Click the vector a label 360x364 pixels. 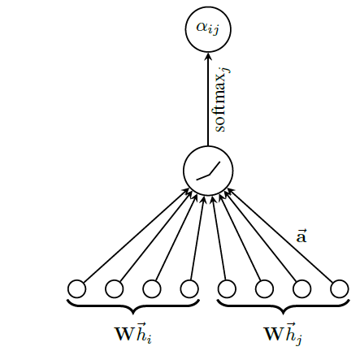point(301,236)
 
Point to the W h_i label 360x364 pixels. point(133,333)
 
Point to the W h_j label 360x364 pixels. point(283,334)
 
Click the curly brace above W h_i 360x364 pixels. point(133,307)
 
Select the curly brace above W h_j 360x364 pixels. point(284,307)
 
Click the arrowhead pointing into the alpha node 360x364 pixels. point(208,55)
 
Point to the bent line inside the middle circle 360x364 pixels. point(209,175)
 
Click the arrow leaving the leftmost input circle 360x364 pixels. point(137,236)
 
